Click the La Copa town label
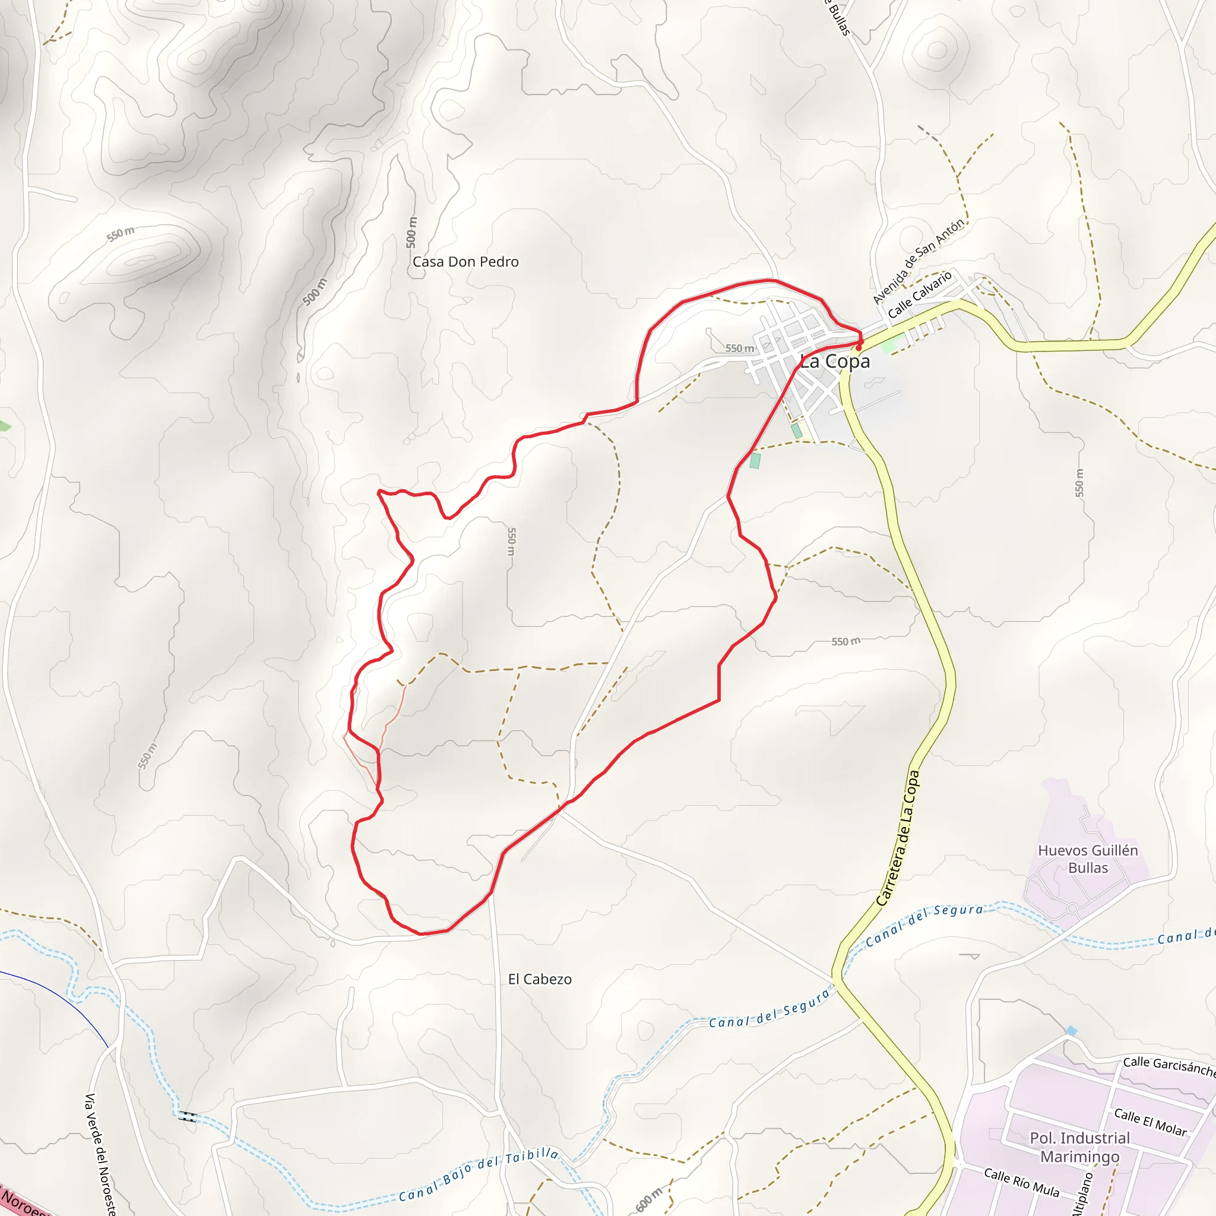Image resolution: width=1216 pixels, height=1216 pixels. click(x=835, y=361)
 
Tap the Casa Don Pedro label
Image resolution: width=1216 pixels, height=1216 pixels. click(x=465, y=262)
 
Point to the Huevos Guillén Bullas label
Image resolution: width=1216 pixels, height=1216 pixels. click(x=1088, y=859)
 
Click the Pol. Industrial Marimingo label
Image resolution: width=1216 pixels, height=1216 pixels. click(x=1079, y=1147)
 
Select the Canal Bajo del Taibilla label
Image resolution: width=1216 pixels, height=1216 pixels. click(x=479, y=1174)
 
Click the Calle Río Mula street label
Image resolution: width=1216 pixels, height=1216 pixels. click(x=1021, y=1182)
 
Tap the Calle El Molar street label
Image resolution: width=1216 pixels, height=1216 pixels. click(x=1150, y=1122)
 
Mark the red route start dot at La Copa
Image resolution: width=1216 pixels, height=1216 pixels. click(x=859, y=347)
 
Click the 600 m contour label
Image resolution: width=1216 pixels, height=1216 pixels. click(x=649, y=1198)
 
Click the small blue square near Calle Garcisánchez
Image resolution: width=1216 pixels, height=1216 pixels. click(x=1071, y=1031)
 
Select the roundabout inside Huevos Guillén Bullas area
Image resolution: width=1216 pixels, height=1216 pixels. click(x=1072, y=909)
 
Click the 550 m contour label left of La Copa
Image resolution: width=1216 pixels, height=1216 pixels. click(x=740, y=348)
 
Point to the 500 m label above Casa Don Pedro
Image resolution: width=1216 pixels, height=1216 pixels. click(x=411, y=232)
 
